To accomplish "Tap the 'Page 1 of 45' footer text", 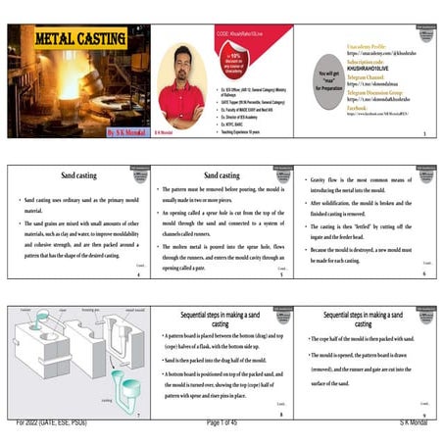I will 223,421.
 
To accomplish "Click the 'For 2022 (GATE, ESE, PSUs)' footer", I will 55,421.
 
